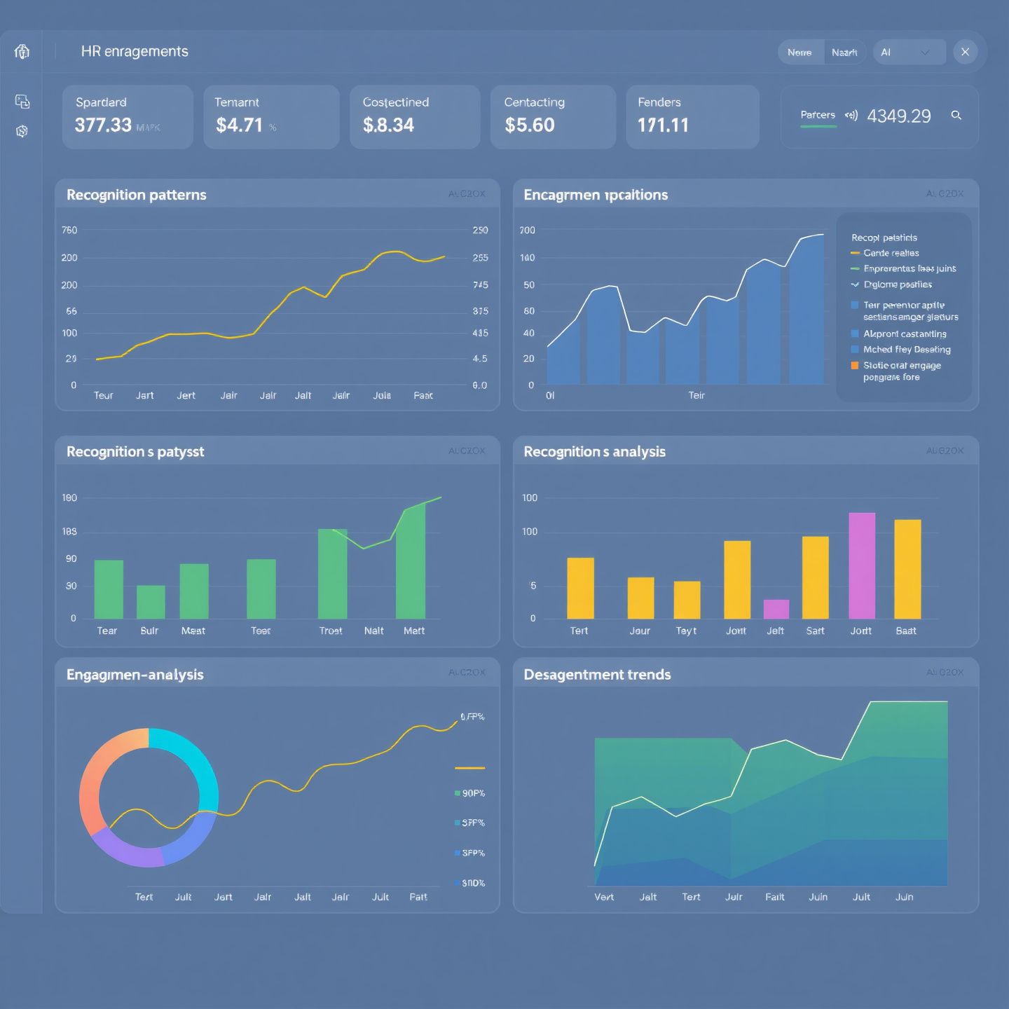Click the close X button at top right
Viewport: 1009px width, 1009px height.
coord(965,52)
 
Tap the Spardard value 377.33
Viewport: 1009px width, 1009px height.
coord(103,125)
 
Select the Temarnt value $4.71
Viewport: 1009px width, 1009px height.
coord(239,125)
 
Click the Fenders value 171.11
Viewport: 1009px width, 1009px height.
coord(663,125)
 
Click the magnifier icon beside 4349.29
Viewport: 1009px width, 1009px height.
coord(956,116)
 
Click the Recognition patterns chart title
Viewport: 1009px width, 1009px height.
coord(136,195)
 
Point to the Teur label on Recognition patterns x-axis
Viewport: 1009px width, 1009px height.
coord(103,395)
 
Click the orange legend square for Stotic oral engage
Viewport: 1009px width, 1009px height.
coord(855,365)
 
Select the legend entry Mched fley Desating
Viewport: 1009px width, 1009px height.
coord(906,349)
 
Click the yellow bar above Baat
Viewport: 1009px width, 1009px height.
coord(907,568)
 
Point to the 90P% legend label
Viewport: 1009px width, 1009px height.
coord(473,793)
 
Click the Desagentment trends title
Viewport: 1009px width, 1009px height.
coord(597,674)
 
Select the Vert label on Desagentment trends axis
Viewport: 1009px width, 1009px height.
coord(603,897)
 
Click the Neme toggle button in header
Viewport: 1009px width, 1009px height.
coord(799,53)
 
